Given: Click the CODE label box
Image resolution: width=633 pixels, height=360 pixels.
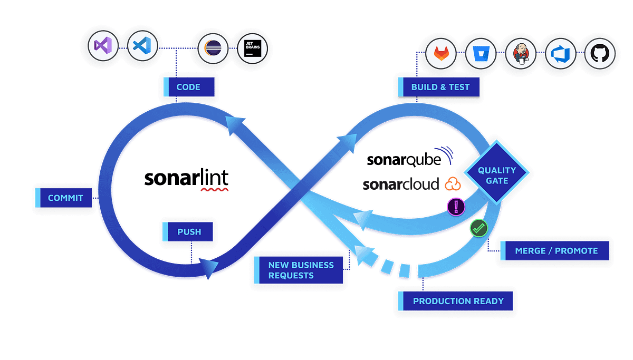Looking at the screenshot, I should point(188,86).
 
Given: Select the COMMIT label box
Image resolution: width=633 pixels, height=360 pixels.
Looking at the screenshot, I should point(65,198).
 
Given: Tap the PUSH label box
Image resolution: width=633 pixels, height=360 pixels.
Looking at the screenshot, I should point(188,231).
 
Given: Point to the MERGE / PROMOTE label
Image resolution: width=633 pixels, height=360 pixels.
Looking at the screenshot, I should point(555,251).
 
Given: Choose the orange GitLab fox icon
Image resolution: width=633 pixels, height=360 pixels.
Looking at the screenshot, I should point(441,54).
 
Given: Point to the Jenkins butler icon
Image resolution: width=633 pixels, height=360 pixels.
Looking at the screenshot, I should point(521,54).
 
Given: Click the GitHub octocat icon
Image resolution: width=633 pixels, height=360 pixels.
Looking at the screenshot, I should point(600,54).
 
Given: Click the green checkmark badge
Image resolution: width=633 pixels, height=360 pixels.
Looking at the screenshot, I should point(478,228).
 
